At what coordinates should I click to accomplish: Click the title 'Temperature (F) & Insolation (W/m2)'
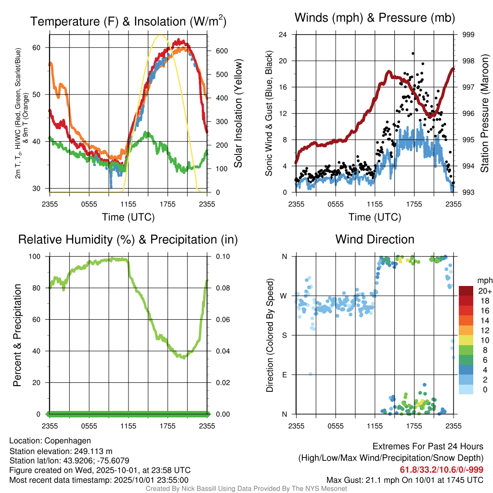tap(128, 22)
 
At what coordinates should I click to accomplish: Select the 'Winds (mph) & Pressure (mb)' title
tap(375, 18)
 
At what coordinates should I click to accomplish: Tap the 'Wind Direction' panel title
tap(375, 239)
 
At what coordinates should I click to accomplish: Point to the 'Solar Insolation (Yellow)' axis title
tap(238, 114)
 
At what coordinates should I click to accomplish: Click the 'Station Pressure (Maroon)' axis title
tap(485, 114)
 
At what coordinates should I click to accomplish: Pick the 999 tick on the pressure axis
tap(468, 35)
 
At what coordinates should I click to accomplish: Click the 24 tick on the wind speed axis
tap(283, 35)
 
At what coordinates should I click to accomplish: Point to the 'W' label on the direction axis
tap(284, 296)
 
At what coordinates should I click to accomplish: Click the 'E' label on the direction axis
tap(285, 375)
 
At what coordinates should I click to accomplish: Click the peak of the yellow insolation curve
tap(161, 35)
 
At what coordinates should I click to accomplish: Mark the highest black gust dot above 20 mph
tap(413, 53)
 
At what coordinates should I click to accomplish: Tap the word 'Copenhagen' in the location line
tap(67, 441)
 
